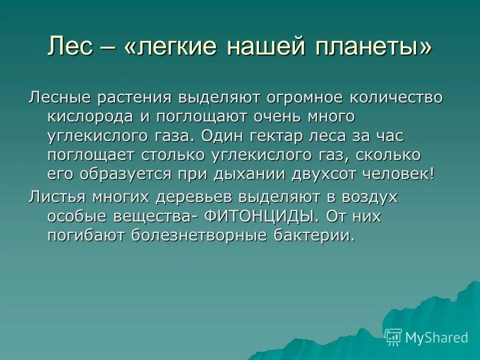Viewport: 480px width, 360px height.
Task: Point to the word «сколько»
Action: point(389,155)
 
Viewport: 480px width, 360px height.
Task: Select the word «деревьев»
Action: point(199,197)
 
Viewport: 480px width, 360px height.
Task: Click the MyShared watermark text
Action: point(436,337)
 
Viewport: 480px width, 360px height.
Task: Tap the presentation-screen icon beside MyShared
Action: point(393,337)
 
